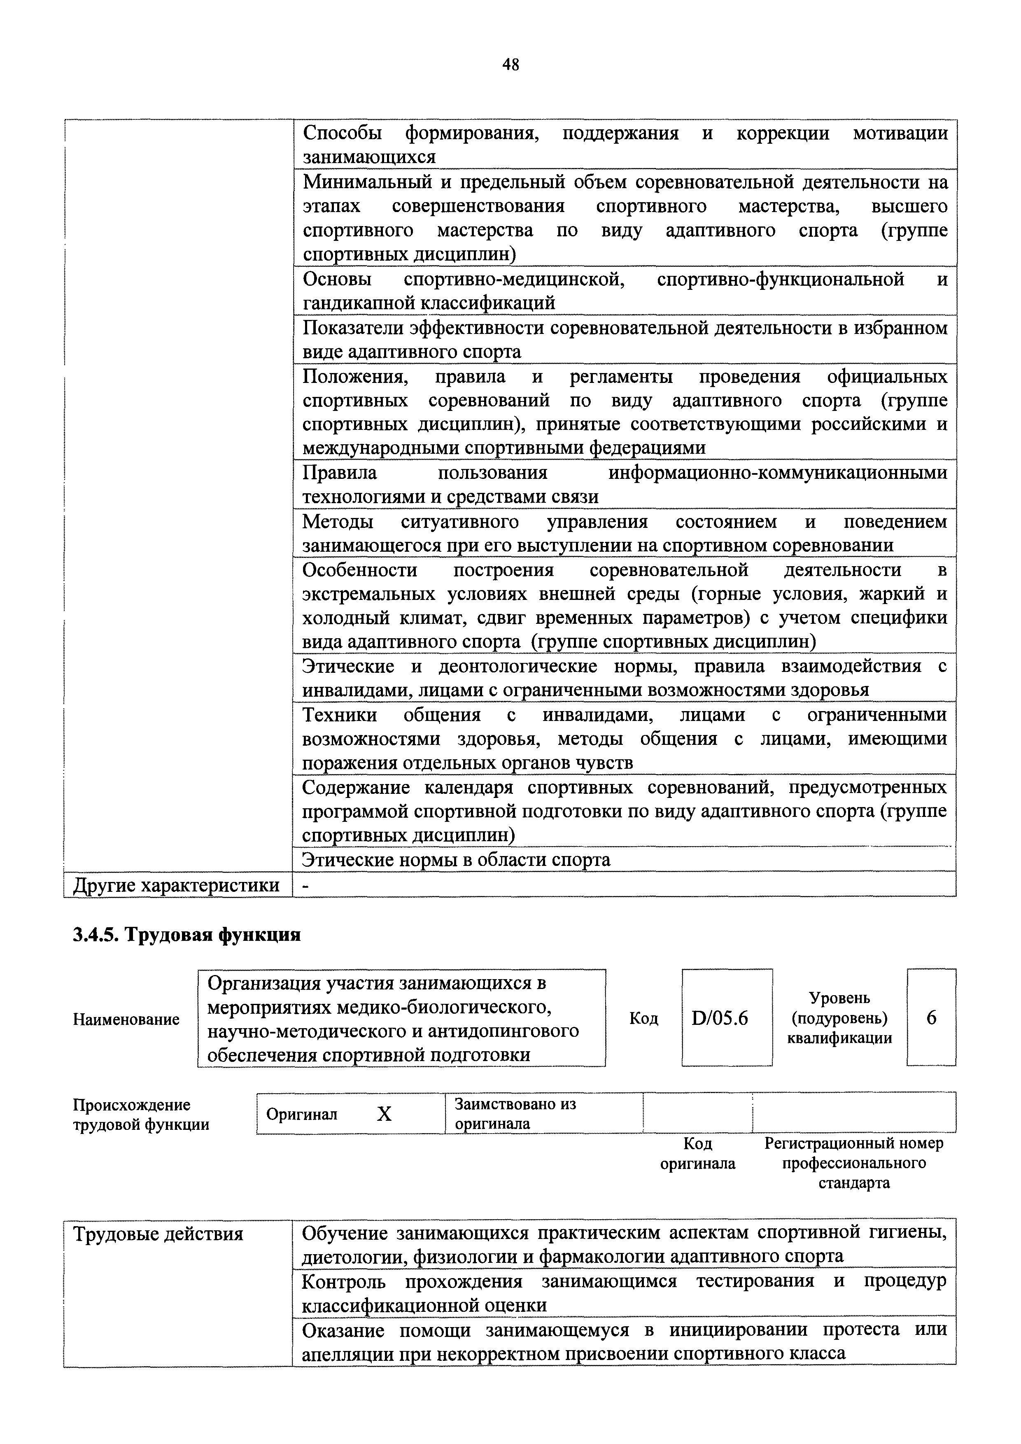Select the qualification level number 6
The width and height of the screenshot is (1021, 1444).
931,1017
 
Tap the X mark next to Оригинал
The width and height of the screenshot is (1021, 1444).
384,1114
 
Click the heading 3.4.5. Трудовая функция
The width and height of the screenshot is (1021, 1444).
187,935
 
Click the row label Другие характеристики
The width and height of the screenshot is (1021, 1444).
177,885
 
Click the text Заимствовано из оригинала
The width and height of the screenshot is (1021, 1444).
515,1113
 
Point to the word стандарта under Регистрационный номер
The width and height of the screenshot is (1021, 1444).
854,1183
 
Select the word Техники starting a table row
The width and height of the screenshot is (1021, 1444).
340,715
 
